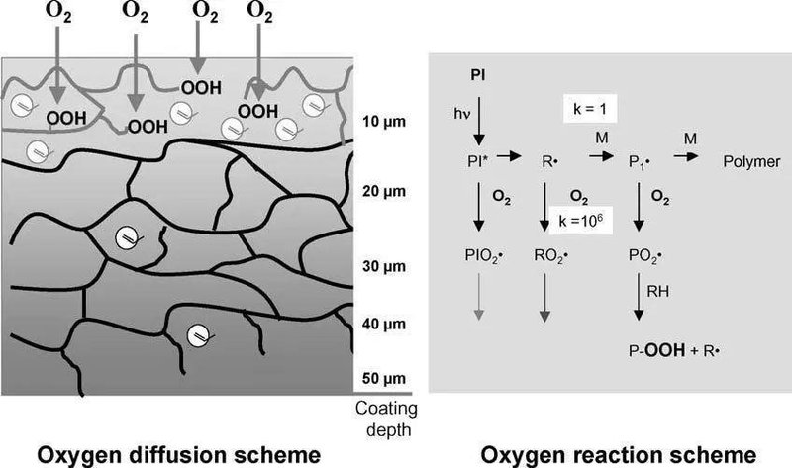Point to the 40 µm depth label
pyautogui.click(x=378, y=324)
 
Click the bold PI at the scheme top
pyautogui.click(x=476, y=74)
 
